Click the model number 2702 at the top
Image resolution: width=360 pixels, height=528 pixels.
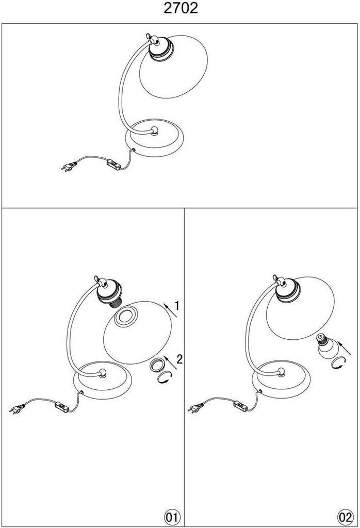(x=181, y=8)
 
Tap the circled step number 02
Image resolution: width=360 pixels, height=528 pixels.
(x=346, y=517)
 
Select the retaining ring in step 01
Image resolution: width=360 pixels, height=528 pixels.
(x=157, y=365)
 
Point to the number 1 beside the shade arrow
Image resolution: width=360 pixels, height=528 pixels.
(x=177, y=306)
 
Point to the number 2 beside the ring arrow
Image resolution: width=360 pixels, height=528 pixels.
(x=179, y=359)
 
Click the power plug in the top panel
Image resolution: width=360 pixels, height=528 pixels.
(x=69, y=167)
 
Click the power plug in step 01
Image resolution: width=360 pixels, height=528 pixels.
(x=18, y=408)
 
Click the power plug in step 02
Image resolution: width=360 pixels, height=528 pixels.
(x=197, y=408)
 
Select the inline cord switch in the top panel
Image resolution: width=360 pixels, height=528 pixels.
(x=113, y=164)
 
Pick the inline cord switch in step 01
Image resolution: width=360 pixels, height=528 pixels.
(x=62, y=406)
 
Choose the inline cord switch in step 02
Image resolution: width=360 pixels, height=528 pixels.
(x=240, y=405)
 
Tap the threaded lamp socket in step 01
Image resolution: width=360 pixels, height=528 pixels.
(x=109, y=293)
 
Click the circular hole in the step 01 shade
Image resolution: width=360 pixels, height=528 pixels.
(x=126, y=317)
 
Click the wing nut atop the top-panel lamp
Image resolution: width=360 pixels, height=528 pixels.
(x=149, y=37)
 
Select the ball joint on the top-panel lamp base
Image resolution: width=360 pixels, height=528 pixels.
(x=155, y=130)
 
